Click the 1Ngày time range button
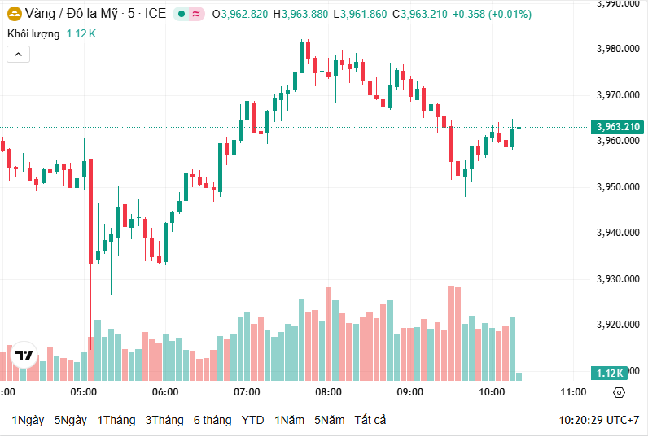click(x=28, y=420)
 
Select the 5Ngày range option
click(x=70, y=420)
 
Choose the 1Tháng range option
click(x=116, y=420)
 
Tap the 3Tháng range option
click(x=164, y=420)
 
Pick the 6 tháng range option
click(x=212, y=420)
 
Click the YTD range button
click(x=253, y=420)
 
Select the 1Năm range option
click(x=290, y=420)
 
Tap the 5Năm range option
click(x=330, y=420)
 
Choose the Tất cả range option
click(x=370, y=420)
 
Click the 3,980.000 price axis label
click(x=618, y=49)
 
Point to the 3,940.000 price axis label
click(x=618, y=233)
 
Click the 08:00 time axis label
click(x=328, y=391)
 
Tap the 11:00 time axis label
click(x=573, y=391)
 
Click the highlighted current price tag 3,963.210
click(x=618, y=127)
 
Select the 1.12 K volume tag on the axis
click(x=609, y=373)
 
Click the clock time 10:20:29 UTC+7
click(x=599, y=420)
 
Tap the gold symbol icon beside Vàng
click(x=15, y=14)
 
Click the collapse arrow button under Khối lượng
click(x=19, y=55)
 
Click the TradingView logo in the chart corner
click(x=24, y=356)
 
